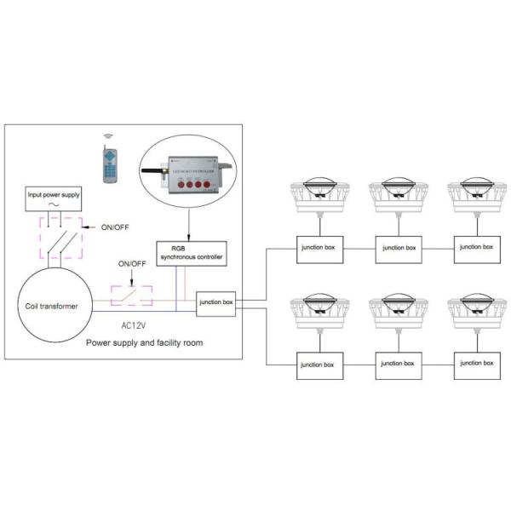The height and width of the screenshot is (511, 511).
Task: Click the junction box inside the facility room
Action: tap(216, 301)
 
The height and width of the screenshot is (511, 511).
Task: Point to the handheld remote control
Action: tap(106, 164)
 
